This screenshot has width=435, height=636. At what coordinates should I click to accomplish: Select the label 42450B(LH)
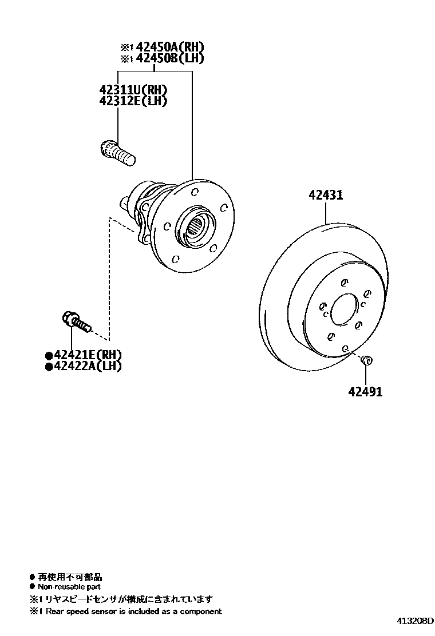pyautogui.click(x=169, y=58)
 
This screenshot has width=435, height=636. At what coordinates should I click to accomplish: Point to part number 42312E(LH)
pyautogui.click(x=133, y=101)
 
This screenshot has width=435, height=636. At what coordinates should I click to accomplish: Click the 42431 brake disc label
pyautogui.click(x=326, y=195)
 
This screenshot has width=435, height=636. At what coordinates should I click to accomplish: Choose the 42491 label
pyautogui.click(x=365, y=392)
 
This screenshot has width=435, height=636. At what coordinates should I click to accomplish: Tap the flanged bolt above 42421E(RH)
pyautogui.click(x=76, y=322)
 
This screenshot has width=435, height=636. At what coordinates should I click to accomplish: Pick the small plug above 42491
pyautogui.click(x=367, y=361)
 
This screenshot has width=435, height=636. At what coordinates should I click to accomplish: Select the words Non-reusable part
pyautogui.click(x=69, y=587)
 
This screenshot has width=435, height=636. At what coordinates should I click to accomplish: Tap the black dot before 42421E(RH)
pyautogui.click(x=49, y=355)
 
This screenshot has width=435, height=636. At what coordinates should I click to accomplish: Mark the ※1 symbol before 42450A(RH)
pyautogui.click(x=126, y=47)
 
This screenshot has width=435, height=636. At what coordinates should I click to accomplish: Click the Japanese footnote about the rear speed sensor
pyautogui.click(x=125, y=599)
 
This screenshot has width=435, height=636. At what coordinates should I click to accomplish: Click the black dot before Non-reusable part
pyautogui.click(x=32, y=587)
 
